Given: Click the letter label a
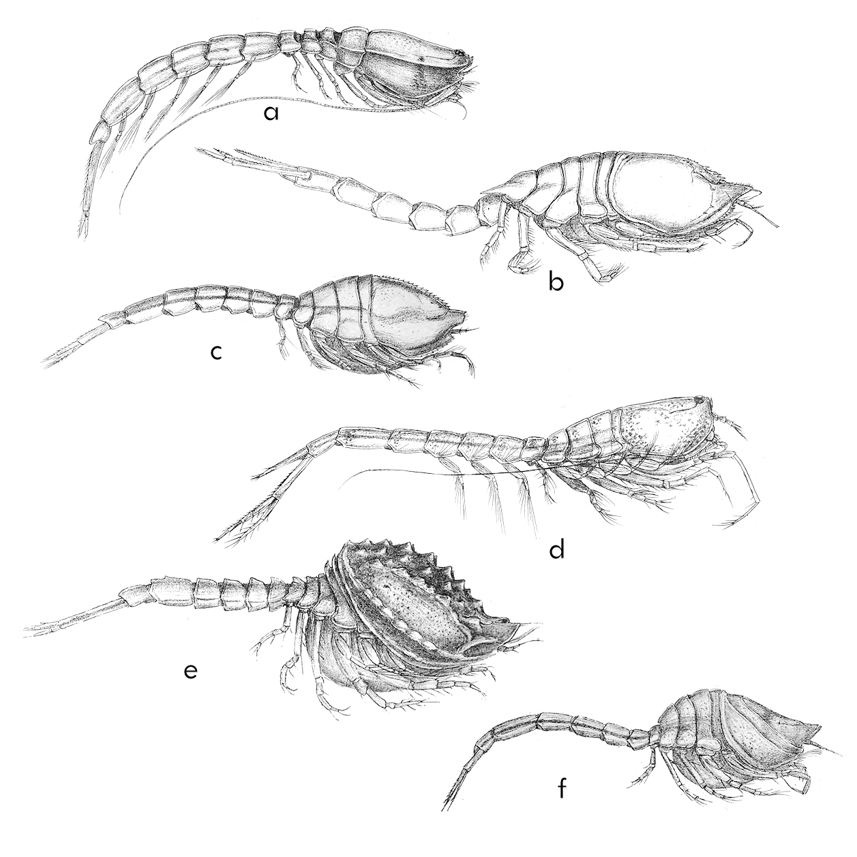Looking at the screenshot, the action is pos(271,113).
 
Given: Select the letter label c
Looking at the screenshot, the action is pos(216,352).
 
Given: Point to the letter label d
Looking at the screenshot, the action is pos(556,551).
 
